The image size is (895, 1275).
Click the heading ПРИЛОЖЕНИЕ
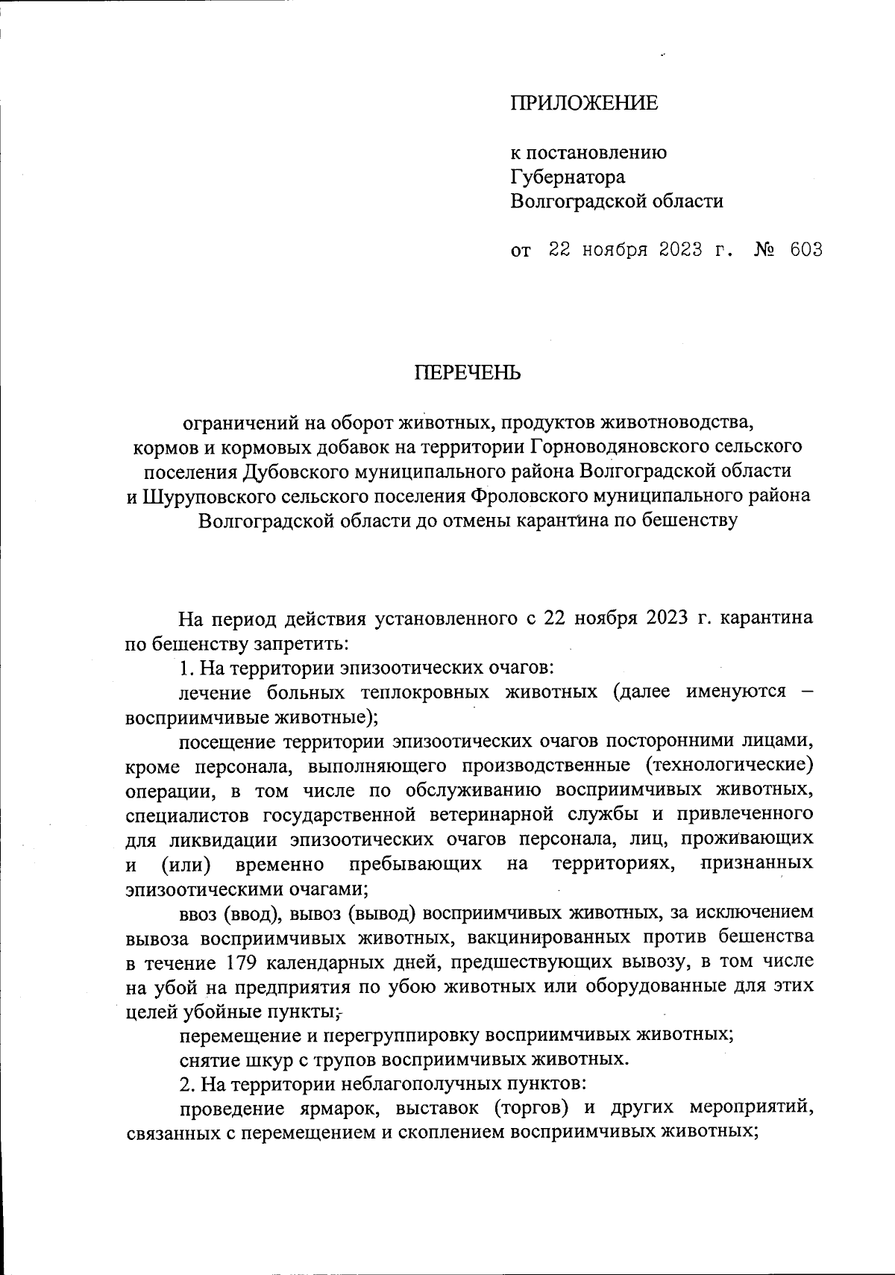584,104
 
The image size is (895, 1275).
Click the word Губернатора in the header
568,177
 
